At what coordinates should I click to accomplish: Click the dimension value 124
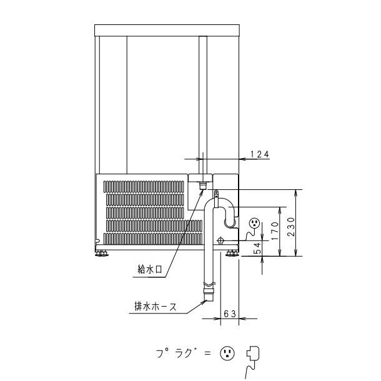[x=260, y=153]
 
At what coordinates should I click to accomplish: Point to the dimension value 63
[x=228, y=314]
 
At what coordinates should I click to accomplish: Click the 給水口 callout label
[x=151, y=269]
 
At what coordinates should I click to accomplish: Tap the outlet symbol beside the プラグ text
[x=227, y=354]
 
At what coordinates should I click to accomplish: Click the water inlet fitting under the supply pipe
[x=202, y=186]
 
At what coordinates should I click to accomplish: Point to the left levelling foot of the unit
[x=101, y=253]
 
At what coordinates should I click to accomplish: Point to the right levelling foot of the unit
[x=232, y=253]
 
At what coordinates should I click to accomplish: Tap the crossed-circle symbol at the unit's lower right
[x=220, y=241]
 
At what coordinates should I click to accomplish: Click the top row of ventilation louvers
[x=143, y=186]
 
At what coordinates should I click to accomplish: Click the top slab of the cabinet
[x=167, y=31]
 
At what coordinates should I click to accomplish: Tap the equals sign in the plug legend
[x=210, y=354]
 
